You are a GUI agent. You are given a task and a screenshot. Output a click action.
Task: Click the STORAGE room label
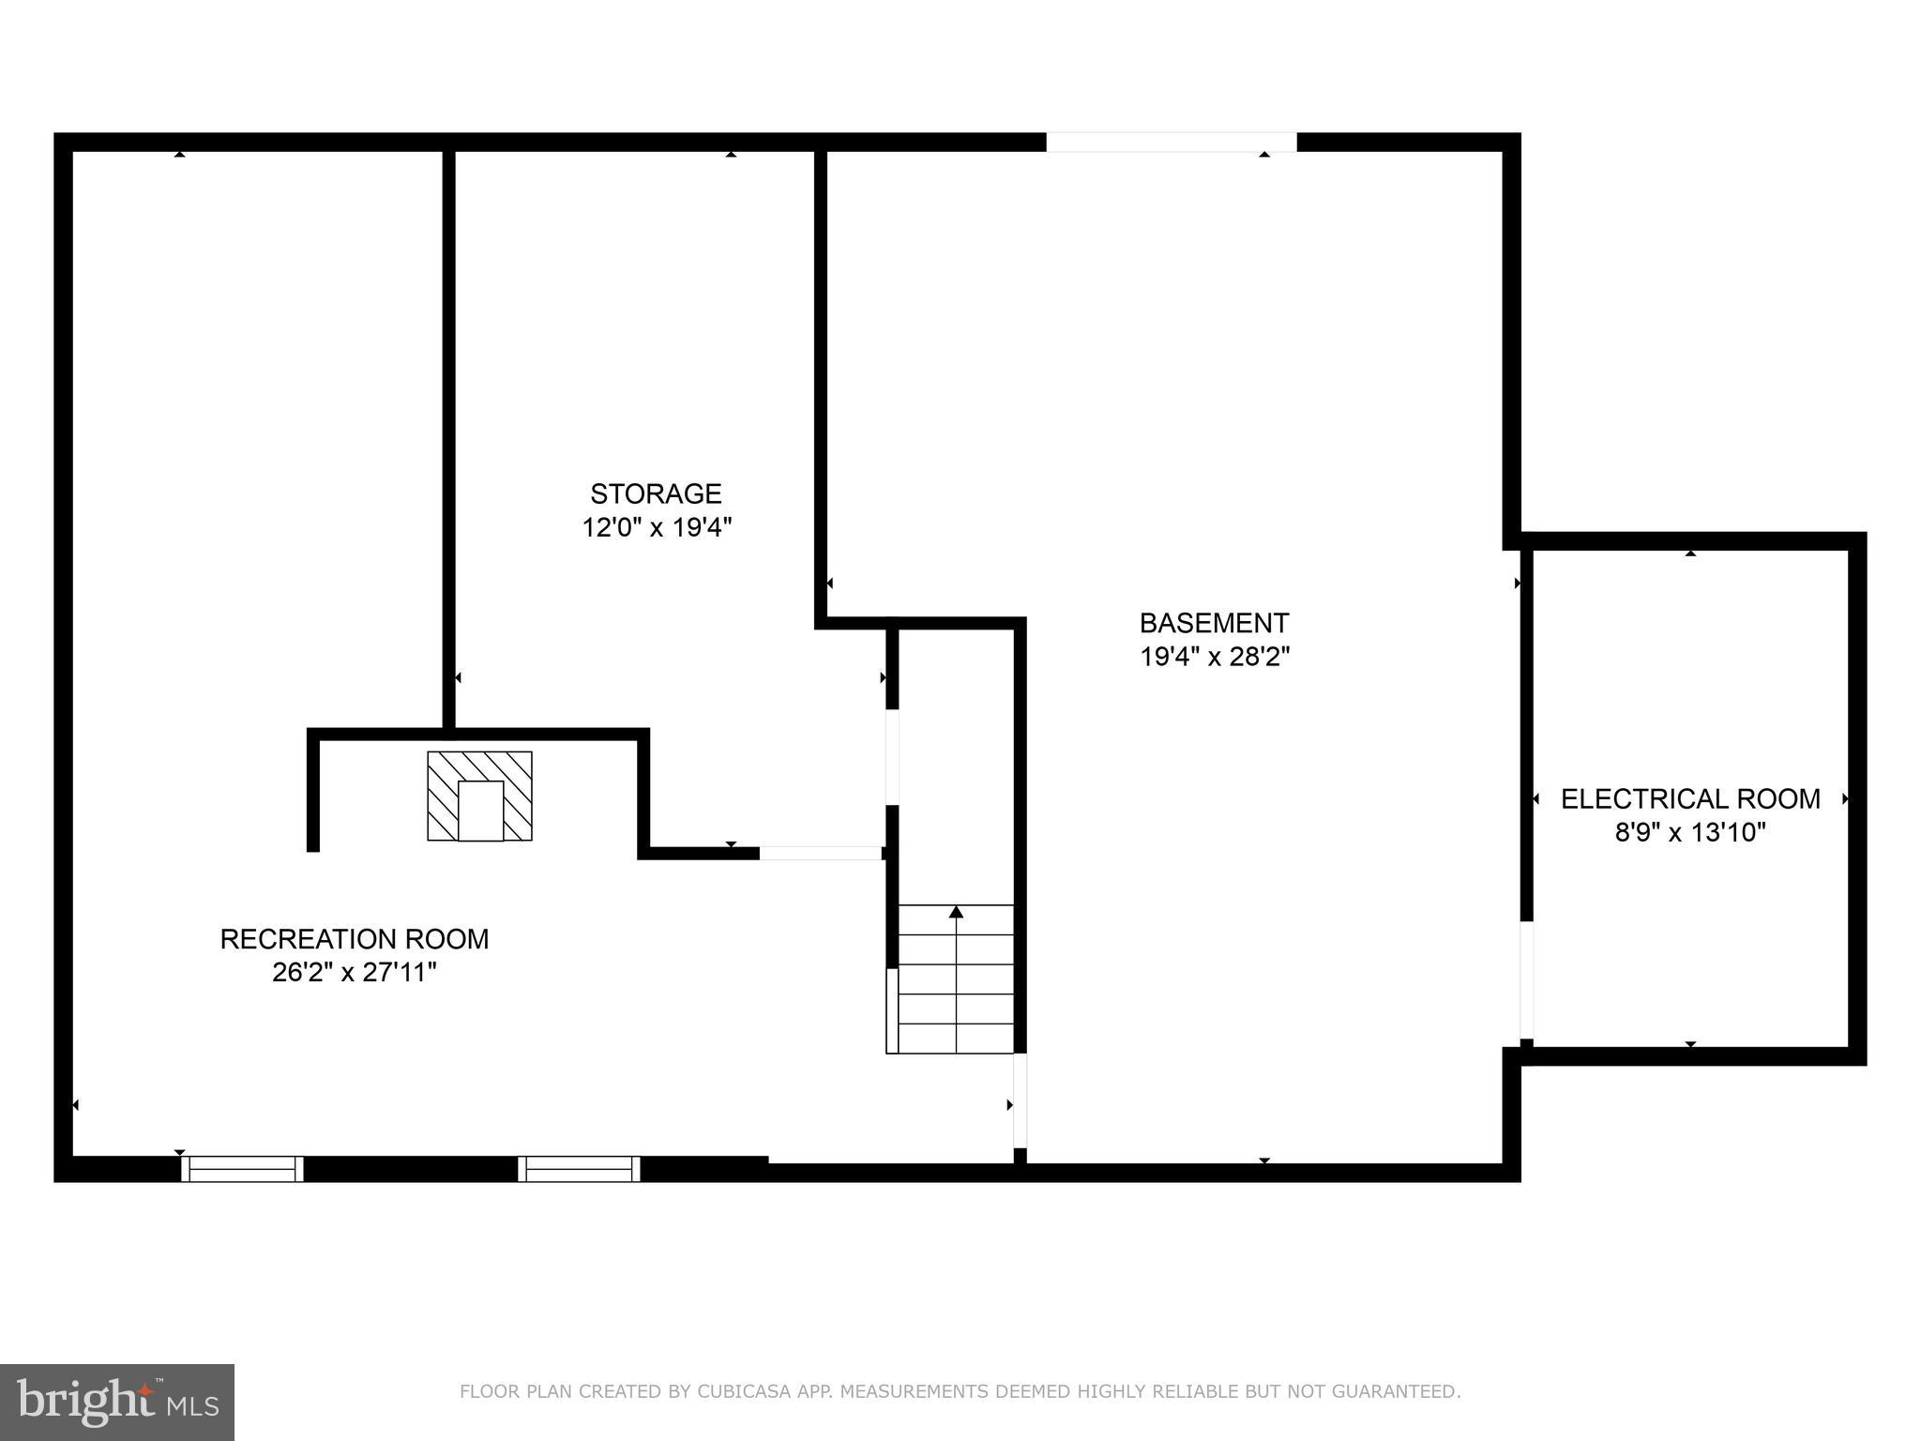coord(656,493)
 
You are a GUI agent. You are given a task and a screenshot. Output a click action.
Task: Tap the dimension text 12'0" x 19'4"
coord(656,527)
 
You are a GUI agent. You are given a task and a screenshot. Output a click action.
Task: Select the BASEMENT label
coord(1214,623)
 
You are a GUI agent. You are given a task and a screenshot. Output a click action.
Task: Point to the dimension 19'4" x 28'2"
coord(1214,657)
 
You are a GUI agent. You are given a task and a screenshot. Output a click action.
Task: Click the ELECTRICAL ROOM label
coord(1690,799)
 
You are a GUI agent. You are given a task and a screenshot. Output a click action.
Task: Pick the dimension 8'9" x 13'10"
coord(1690,832)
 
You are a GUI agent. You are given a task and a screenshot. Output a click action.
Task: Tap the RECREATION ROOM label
coord(355,939)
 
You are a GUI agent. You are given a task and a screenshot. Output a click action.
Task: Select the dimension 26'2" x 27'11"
coord(355,973)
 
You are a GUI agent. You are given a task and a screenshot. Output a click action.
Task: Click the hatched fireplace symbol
coord(479,796)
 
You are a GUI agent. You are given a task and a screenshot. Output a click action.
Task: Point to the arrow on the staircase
coord(956,912)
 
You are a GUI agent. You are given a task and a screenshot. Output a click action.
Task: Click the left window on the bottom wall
coord(242,1169)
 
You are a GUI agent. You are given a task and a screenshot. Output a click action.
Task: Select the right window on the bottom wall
coord(579,1169)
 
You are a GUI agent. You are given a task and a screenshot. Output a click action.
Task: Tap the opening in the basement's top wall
coord(1172,143)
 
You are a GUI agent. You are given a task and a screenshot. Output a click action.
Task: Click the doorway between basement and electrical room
coord(1526,980)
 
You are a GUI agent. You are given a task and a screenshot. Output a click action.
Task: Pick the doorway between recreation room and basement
coord(1020,1100)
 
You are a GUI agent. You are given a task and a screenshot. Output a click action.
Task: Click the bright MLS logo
coord(117,1402)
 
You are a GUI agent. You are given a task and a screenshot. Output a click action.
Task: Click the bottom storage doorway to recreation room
coord(820,853)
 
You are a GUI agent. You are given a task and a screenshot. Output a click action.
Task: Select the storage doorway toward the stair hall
coord(892,757)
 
